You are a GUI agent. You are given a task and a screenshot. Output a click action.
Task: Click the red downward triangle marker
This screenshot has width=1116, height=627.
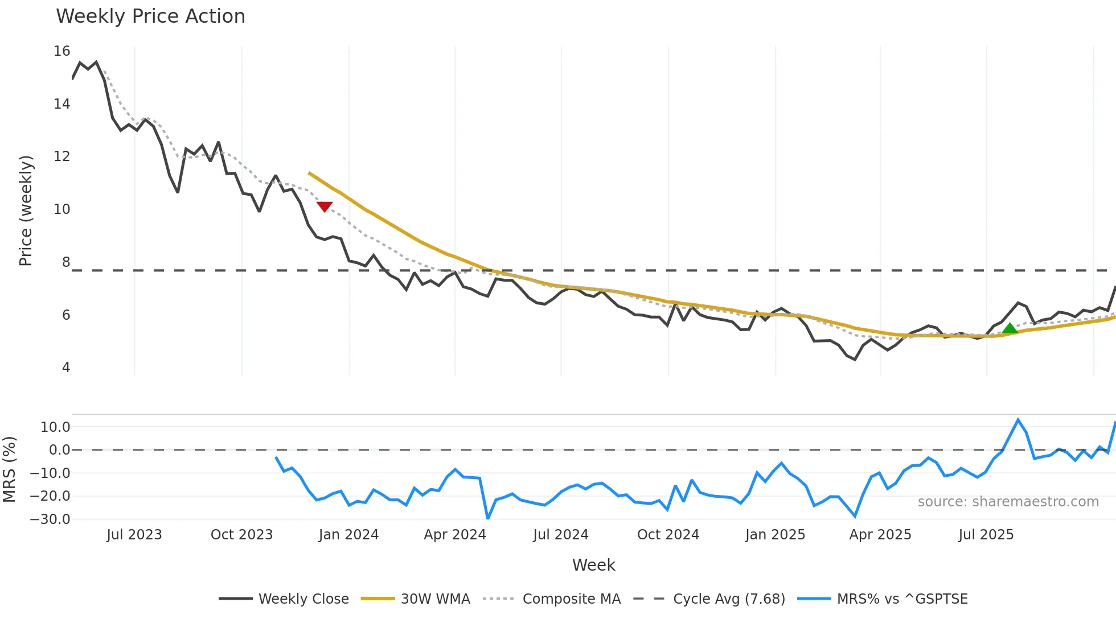pyautogui.click(x=325, y=207)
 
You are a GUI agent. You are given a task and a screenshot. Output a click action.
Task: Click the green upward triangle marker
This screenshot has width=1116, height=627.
pyautogui.click(x=1010, y=328)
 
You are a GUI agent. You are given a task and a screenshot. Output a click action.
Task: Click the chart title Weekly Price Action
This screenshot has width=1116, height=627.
pyautogui.click(x=150, y=16)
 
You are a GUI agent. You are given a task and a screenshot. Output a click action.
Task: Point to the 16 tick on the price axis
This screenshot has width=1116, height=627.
pyautogui.click(x=61, y=51)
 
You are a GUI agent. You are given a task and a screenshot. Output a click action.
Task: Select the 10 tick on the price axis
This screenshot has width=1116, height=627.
pyautogui.click(x=61, y=209)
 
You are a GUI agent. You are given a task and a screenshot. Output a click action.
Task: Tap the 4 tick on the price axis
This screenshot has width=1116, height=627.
pyautogui.click(x=66, y=368)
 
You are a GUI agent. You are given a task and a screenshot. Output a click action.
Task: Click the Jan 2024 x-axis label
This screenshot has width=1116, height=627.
pyautogui.click(x=348, y=535)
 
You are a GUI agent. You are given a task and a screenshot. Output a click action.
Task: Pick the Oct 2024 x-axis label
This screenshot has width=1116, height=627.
pyautogui.click(x=668, y=535)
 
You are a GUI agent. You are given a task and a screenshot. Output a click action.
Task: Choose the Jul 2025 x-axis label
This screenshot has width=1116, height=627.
pyautogui.click(x=986, y=535)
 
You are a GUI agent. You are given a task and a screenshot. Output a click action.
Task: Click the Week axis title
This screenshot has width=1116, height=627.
pyautogui.click(x=593, y=565)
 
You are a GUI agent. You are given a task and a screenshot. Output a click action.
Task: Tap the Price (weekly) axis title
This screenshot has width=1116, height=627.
pyautogui.click(x=26, y=211)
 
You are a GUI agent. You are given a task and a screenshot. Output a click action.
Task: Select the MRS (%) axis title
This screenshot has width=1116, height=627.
pyautogui.click(x=9, y=469)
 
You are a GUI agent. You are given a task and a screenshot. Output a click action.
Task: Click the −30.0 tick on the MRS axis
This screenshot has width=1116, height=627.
pyautogui.click(x=50, y=519)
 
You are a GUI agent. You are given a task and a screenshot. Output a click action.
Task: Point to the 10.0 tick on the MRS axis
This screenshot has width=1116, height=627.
pyautogui.click(x=55, y=427)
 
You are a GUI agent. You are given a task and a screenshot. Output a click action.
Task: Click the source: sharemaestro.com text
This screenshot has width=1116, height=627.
pyautogui.click(x=1008, y=502)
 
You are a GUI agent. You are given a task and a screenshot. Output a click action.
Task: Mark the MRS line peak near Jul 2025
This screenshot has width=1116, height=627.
pyautogui.click(x=1018, y=420)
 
